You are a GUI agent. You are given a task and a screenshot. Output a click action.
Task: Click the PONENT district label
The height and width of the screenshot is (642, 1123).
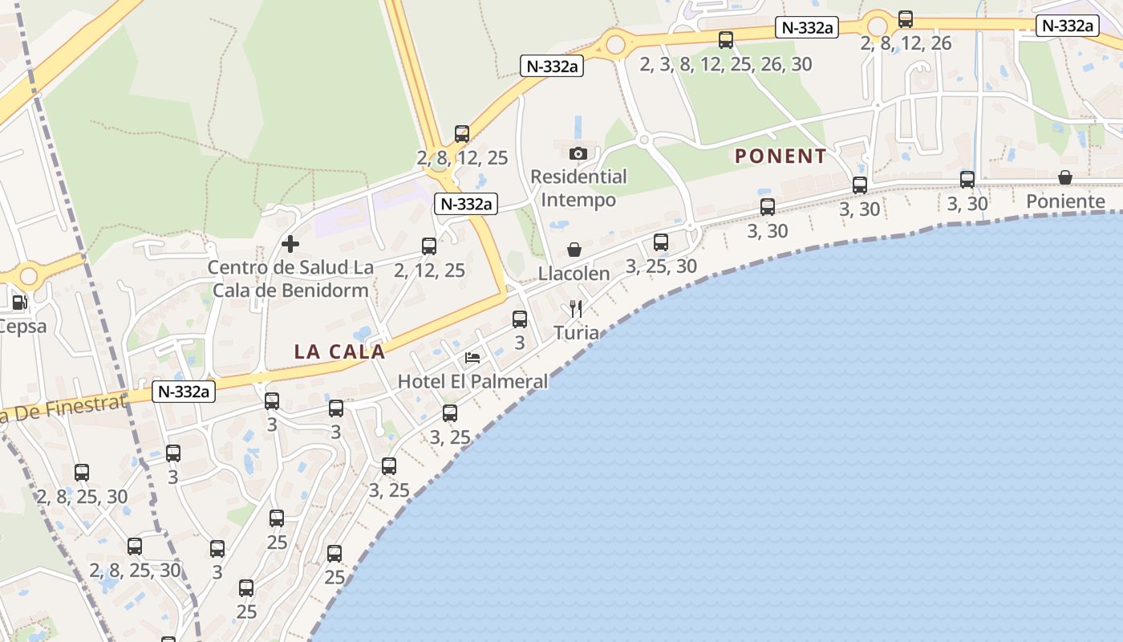pos(780,156)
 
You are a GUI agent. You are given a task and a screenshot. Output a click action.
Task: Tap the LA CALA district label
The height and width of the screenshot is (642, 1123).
pos(339,351)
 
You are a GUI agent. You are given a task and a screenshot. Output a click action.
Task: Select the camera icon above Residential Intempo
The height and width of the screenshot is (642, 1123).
pos(578,153)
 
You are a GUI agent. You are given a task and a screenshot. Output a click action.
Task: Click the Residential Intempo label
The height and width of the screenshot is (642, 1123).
pos(578,188)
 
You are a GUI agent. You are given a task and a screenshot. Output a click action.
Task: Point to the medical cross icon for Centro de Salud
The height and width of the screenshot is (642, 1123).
pos(290,243)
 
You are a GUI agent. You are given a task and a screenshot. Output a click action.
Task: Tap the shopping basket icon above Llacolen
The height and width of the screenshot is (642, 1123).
pos(574,250)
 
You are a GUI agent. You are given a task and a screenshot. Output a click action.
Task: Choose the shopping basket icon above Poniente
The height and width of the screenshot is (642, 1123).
pos(1065,177)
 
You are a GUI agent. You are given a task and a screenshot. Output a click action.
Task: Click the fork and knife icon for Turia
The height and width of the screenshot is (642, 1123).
pos(575,308)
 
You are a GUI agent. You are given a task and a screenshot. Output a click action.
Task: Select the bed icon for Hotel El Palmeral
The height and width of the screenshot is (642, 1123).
pos(472,357)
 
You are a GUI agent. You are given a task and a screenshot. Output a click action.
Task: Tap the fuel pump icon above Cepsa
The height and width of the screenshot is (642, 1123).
pos(19,303)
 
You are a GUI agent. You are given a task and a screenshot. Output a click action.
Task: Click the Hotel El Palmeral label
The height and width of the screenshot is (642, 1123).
pos(472,381)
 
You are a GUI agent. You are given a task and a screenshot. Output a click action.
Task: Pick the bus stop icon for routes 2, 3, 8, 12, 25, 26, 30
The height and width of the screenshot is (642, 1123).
pos(726,39)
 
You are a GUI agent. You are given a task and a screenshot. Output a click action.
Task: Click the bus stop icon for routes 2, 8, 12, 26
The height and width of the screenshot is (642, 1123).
pos(906,19)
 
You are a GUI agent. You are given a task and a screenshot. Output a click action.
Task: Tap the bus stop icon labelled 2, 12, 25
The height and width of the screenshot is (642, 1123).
pos(429,246)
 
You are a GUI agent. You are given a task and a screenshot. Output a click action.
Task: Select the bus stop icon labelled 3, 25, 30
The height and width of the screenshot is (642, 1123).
pos(660,242)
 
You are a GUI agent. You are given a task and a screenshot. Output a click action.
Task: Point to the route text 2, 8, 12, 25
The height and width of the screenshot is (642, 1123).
pos(463,158)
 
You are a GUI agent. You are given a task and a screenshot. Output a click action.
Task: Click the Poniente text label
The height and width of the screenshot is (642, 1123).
pos(1065,201)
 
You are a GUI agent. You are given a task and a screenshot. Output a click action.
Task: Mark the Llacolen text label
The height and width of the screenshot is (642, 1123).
pos(574,274)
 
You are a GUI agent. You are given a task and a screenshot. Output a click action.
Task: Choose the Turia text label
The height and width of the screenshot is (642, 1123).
pos(576,332)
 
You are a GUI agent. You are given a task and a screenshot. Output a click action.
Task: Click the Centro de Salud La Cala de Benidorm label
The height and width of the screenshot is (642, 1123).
pos(290,278)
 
